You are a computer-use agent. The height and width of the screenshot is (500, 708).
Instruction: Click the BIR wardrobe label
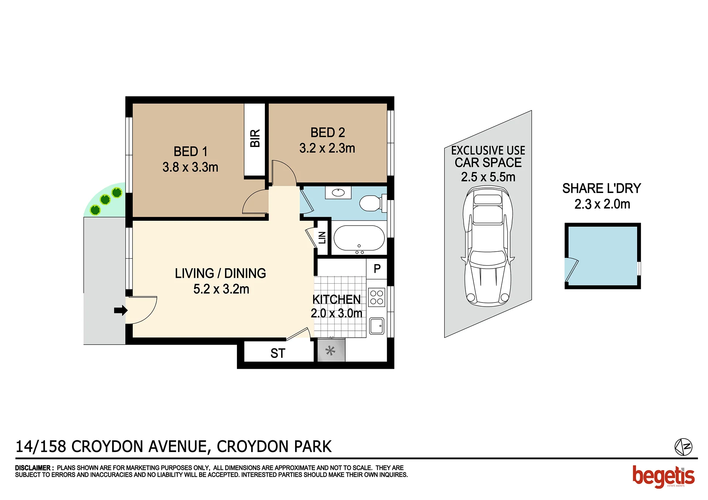tap(255, 138)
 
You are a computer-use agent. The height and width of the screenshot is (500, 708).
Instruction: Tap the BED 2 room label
tap(328, 132)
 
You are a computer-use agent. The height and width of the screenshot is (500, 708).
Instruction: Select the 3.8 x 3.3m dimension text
tap(190, 167)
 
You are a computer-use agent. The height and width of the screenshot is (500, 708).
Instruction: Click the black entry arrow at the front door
tap(121, 310)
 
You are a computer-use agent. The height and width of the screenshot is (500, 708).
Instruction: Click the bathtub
tap(359, 238)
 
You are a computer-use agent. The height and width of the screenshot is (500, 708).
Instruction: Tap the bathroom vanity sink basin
tap(338, 192)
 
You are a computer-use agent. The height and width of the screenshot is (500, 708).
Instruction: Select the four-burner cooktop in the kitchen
tap(377, 297)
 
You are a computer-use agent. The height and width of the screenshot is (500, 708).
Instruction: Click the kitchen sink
tap(377, 326)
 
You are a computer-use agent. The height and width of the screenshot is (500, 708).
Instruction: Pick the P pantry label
tap(377, 269)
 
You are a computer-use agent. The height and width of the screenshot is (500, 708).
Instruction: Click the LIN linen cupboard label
tap(322, 238)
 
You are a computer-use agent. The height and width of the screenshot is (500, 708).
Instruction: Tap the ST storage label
tap(278, 353)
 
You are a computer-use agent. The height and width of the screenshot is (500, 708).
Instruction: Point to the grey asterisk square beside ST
tap(331, 350)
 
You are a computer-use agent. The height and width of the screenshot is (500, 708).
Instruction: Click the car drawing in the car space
tap(488, 246)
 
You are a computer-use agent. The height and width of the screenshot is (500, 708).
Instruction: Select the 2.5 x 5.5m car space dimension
tap(488, 177)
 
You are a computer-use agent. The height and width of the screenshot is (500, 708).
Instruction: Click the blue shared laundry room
tap(602, 256)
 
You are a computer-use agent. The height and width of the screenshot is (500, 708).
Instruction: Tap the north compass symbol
tap(683, 447)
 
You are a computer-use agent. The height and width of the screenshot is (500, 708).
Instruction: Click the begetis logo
tap(663, 477)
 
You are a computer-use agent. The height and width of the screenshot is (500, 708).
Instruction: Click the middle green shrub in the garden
tap(105, 200)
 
